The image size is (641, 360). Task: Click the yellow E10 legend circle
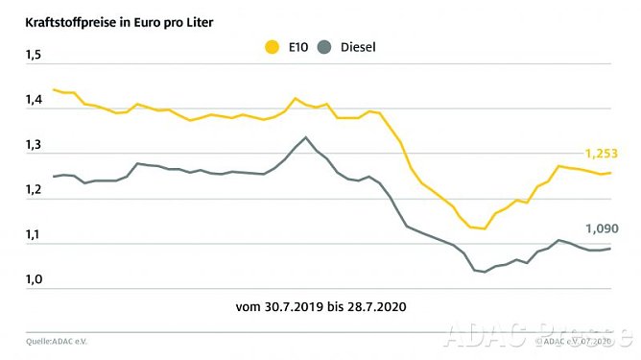273,45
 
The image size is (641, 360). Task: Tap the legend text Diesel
355,45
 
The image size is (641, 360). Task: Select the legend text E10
297,45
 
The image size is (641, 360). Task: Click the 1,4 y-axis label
35,101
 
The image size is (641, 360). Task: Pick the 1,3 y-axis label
35,146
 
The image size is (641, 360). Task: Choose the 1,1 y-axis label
35,235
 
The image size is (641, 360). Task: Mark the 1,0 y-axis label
35,280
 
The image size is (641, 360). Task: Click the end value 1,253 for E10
601,154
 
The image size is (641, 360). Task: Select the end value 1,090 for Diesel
601,228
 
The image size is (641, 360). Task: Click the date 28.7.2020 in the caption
377,308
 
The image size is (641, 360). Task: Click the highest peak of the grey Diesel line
306,137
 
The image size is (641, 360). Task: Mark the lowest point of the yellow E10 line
485,228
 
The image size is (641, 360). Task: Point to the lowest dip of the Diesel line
485,272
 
